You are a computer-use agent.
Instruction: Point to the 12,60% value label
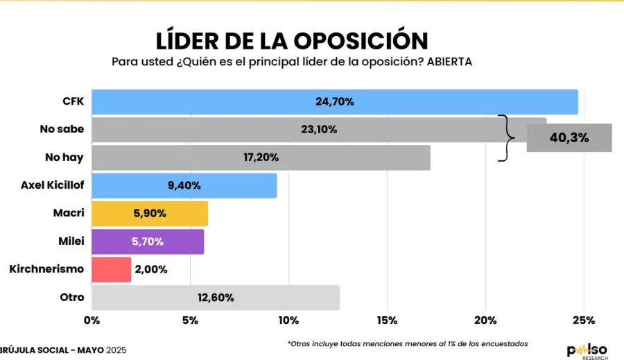(216, 298)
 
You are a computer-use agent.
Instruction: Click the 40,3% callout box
(569, 137)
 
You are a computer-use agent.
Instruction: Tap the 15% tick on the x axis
(387, 320)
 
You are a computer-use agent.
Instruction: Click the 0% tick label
(92, 320)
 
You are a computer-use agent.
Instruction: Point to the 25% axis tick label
(584, 320)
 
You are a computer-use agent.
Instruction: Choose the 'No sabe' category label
(62, 129)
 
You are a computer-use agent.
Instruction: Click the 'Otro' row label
(72, 297)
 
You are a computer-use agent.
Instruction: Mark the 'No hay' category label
(64, 157)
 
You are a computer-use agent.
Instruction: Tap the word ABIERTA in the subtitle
(449, 62)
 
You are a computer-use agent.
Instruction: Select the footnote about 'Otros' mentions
(407, 343)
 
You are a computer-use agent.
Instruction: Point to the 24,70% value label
(335, 102)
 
